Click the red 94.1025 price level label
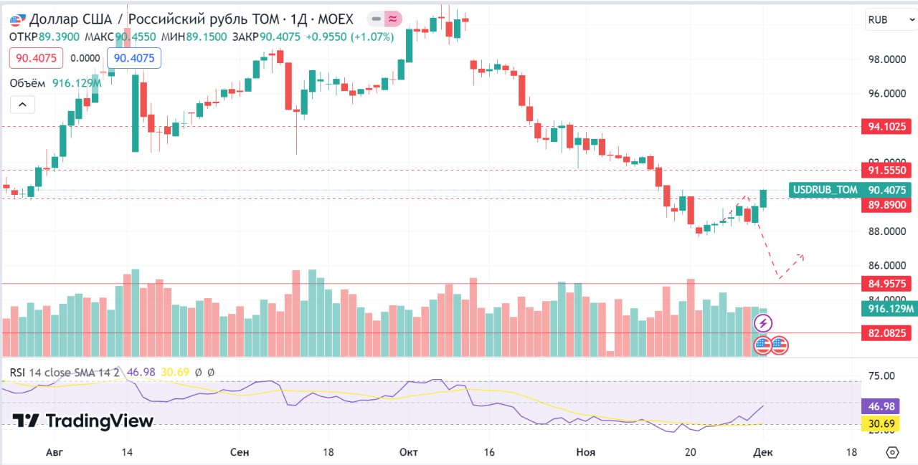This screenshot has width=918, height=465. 887,127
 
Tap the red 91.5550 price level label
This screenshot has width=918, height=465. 887,171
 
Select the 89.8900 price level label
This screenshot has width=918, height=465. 887,205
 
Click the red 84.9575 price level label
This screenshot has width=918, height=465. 887,284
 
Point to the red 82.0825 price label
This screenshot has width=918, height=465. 887,333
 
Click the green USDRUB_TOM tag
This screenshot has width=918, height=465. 824,190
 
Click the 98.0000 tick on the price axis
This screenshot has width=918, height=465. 887,59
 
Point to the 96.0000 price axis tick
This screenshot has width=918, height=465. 887,94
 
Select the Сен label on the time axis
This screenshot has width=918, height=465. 240,453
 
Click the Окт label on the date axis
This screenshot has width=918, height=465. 409,453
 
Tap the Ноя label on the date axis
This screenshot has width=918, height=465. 586,453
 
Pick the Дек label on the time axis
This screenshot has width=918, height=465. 763,453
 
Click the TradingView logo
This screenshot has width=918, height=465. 83,421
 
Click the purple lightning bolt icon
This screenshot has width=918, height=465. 762,324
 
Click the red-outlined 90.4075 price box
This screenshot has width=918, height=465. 37,58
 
